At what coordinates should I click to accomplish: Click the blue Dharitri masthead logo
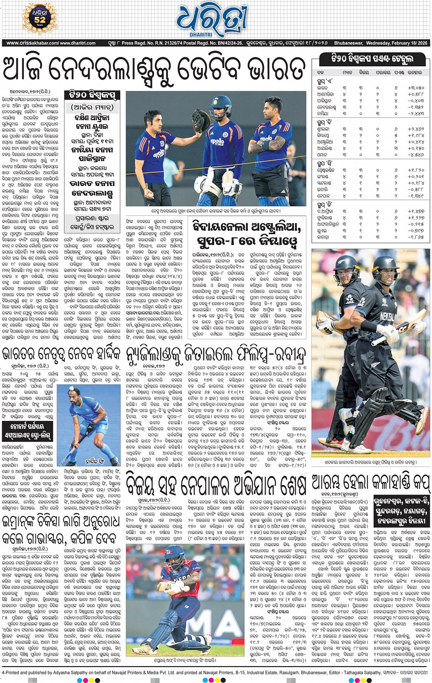[x=212, y=21]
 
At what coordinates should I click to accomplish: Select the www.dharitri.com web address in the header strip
[x=78, y=43]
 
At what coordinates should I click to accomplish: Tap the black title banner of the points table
[x=372, y=59]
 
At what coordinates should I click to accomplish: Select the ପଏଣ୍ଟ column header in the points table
[x=399, y=73]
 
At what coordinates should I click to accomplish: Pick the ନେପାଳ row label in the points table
[x=323, y=196]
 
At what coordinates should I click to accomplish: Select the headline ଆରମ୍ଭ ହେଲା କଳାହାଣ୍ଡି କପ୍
[x=371, y=482]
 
